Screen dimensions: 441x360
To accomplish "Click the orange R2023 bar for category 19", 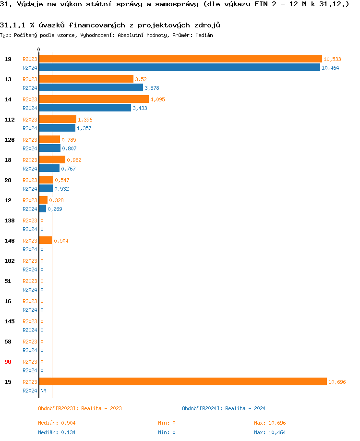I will tap(180, 59).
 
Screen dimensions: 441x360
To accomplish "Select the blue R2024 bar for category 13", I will tap(91, 88).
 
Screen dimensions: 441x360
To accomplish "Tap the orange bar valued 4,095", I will tap(94, 99).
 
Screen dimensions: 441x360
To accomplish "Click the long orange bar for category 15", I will tap(183, 382).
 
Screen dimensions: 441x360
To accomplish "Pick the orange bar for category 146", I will tap(46, 241).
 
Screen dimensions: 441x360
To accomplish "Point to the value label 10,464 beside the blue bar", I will tap(330, 68).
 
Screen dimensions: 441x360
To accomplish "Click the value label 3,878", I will tap(152, 88).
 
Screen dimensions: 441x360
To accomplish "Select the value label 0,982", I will tap(74, 160).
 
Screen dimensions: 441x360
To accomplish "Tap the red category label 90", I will tap(8, 362).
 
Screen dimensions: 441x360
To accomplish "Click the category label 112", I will tap(10, 120).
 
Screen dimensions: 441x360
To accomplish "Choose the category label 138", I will tap(10, 220).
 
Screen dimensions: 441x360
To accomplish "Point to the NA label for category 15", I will tap(43, 391).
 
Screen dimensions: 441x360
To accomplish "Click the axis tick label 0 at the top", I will tap(38, 49).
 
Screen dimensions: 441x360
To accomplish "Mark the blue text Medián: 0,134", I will tap(57, 432).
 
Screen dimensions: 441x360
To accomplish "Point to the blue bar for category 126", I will tap(49, 148).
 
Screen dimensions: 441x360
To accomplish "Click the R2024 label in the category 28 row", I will tap(30, 189).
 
